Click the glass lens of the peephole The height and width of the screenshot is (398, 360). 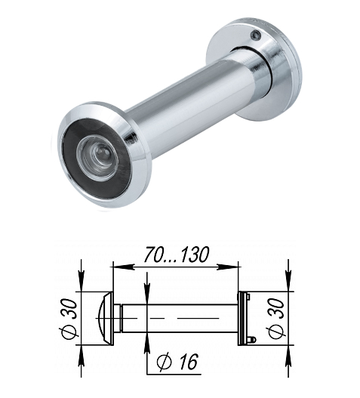tap(97, 159)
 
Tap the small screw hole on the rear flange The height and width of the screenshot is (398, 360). tap(256, 35)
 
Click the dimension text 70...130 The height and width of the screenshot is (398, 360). tap(177, 255)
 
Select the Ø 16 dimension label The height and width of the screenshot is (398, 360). tap(177, 363)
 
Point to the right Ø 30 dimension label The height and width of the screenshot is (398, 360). tap(275, 319)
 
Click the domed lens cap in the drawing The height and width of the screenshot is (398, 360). tap(105, 318)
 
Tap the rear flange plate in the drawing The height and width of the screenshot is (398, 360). tap(242, 318)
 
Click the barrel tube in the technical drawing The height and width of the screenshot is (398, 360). tap(180, 318)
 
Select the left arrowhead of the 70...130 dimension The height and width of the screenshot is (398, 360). tap(123, 267)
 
